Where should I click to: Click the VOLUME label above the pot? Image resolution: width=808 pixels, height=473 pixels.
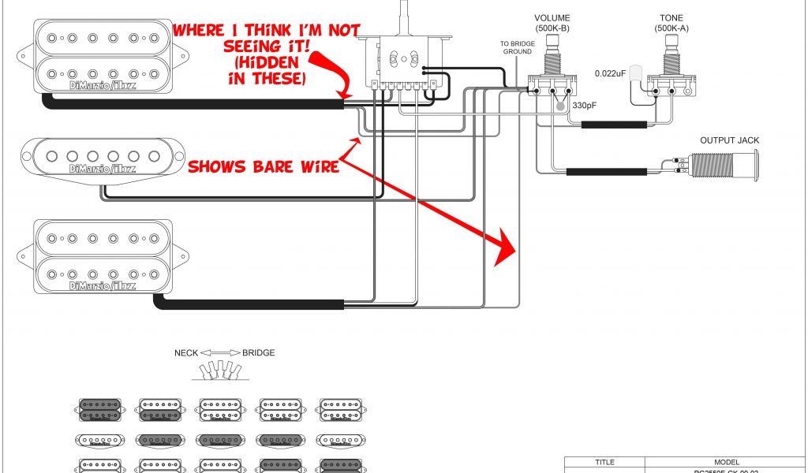(552, 18)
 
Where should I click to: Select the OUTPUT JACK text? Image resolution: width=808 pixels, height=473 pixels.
(729, 140)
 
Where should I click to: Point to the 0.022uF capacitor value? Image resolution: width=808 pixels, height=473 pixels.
(610, 73)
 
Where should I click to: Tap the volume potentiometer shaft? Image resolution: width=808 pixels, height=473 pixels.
(552, 51)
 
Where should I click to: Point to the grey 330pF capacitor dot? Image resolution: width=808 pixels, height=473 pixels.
(560, 106)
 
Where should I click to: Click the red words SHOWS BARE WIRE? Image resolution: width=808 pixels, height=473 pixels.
(263, 167)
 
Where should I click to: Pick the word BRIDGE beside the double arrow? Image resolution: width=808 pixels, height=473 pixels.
(259, 353)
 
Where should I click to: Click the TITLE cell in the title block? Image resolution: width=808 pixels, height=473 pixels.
(604, 463)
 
